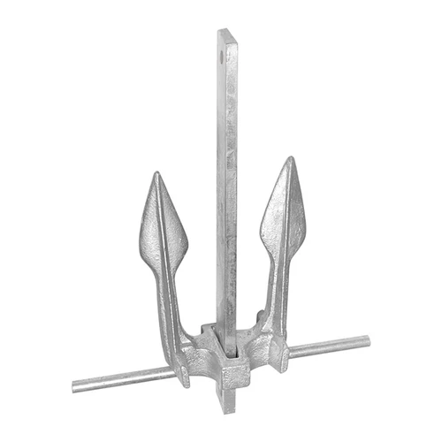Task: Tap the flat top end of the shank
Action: [x=227, y=32]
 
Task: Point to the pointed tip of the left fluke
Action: [x=156, y=173]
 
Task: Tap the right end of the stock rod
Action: [x=368, y=339]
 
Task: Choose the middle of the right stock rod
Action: [x=327, y=346]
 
